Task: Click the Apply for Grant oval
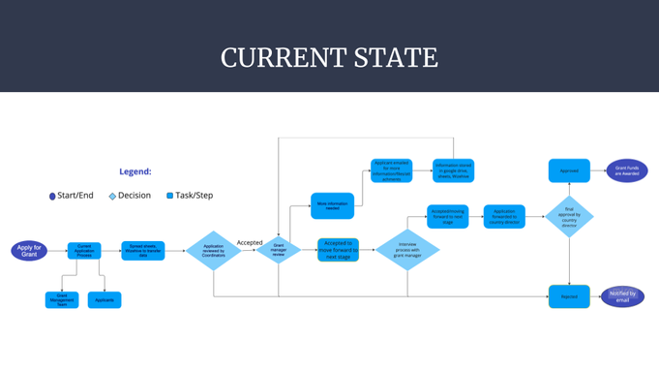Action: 29,250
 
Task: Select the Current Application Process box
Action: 84,250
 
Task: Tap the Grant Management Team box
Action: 62,300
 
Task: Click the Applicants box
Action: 105,300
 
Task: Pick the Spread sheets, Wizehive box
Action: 142,250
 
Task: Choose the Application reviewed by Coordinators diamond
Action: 213,250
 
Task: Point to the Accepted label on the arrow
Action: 250,242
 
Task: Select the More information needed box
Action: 332,205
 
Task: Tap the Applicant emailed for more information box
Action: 391,171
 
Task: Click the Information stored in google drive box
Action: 453,171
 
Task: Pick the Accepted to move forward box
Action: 338,249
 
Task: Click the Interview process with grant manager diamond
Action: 407,250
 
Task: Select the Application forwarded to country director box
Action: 504,216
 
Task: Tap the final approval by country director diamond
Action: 569,216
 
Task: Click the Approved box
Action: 569,171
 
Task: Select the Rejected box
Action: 569,296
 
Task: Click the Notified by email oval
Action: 622,296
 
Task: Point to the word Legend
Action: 135,171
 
